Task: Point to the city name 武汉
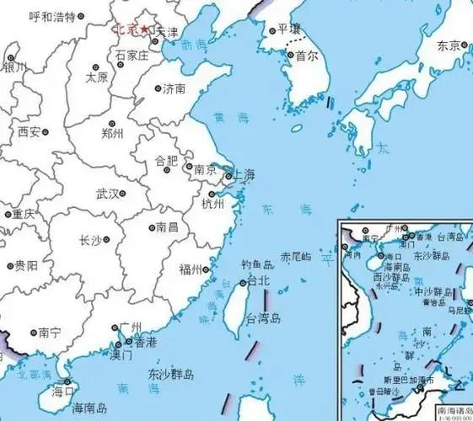pyautogui.click(x=107, y=194)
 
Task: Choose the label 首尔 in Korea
pyautogui.click(x=306, y=56)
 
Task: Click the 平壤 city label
pyautogui.click(x=283, y=29)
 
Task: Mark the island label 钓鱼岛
pyautogui.click(x=256, y=264)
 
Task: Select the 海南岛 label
pyautogui.click(x=90, y=408)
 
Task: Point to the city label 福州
pyautogui.click(x=190, y=269)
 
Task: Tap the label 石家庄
pyautogui.click(x=132, y=56)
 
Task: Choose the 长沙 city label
pyautogui.click(x=89, y=241)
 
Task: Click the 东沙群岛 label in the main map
pyautogui.click(x=171, y=374)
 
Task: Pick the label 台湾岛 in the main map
pyautogui.click(x=263, y=320)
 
